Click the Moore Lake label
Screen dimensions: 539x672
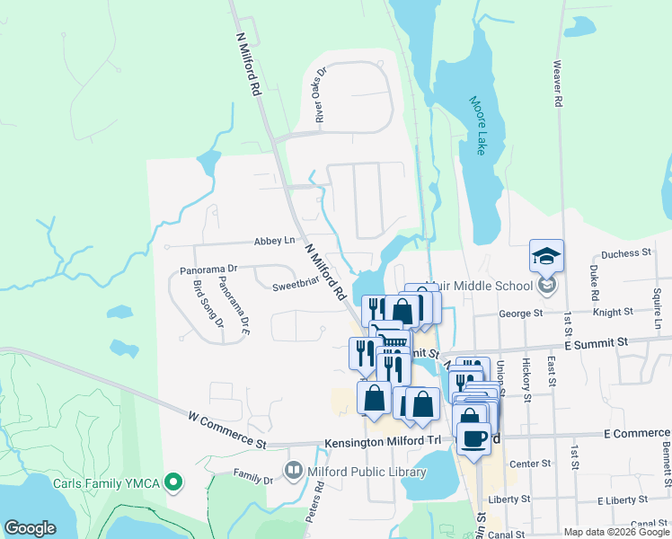pyautogui.click(x=478, y=125)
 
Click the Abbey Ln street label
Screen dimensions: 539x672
pyautogui.click(x=275, y=241)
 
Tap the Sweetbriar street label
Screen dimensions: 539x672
pyautogui.click(x=296, y=286)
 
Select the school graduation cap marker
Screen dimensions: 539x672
pyautogui.click(x=546, y=256)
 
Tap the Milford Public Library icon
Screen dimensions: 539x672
pyautogui.click(x=293, y=470)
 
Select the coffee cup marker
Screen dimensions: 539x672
pyautogui.click(x=473, y=437)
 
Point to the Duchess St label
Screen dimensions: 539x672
pyautogui.click(x=625, y=253)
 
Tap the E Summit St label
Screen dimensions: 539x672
pyautogui.click(x=596, y=343)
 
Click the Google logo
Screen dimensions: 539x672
pyautogui.click(x=30, y=528)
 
